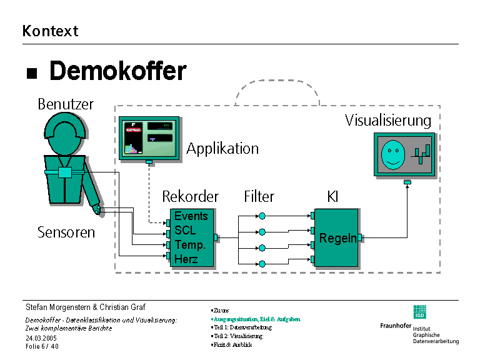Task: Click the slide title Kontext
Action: [x=50, y=31]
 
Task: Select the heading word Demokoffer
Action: [x=117, y=71]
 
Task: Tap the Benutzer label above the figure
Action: [x=66, y=104]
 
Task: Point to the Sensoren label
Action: [x=66, y=232]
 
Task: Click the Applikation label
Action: [x=222, y=149]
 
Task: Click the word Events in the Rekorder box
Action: [x=191, y=216]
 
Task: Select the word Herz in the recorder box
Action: [x=186, y=259]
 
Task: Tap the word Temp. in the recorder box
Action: [x=190, y=244]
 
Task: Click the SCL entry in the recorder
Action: [x=185, y=230]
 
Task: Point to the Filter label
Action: [x=259, y=197]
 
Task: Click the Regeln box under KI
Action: [x=337, y=238]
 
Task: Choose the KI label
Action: [x=332, y=197]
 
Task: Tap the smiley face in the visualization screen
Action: [x=392, y=154]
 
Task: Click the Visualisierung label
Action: [x=388, y=121]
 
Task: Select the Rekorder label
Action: [x=191, y=197]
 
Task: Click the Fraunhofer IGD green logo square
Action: [x=419, y=312]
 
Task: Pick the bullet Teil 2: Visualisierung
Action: [x=237, y=336]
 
